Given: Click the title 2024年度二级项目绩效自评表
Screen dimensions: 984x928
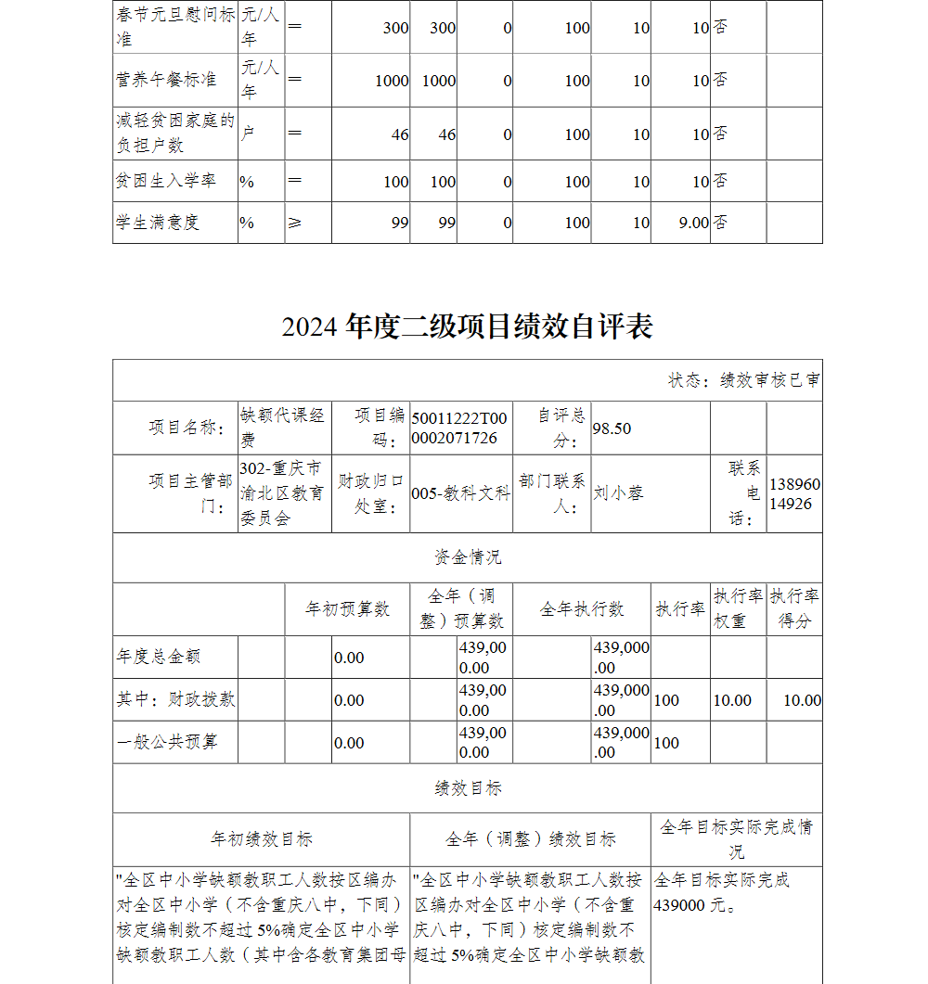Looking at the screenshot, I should coord(467,326).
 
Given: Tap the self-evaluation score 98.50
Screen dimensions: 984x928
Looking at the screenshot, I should coord(612,428).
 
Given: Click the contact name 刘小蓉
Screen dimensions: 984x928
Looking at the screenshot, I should coord(618,493).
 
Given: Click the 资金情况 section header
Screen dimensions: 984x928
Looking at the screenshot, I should coord(467,557).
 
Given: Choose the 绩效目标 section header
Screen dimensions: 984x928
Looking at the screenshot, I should coord(467,788).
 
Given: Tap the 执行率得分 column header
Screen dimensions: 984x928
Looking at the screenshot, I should coord(793,608).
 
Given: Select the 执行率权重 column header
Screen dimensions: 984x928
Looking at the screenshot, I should coord(738,608).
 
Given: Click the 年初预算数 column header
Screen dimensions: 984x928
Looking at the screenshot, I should coord(348,609).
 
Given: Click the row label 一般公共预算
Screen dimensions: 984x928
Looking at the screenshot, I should coord(167,742).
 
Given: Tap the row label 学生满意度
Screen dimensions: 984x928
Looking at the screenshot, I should coord(158,223).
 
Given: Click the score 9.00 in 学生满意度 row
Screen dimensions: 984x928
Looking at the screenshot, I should coord(692,223).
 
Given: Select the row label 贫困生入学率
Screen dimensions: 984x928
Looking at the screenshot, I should coord(166,181).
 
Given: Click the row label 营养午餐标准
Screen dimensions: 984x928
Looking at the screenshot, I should coord(166,80).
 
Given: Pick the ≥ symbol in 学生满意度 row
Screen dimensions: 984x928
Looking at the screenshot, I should coord(295,223).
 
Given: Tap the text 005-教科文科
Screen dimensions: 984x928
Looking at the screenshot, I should coord(460,493).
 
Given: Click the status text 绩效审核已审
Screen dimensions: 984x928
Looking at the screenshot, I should coord(769,380).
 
